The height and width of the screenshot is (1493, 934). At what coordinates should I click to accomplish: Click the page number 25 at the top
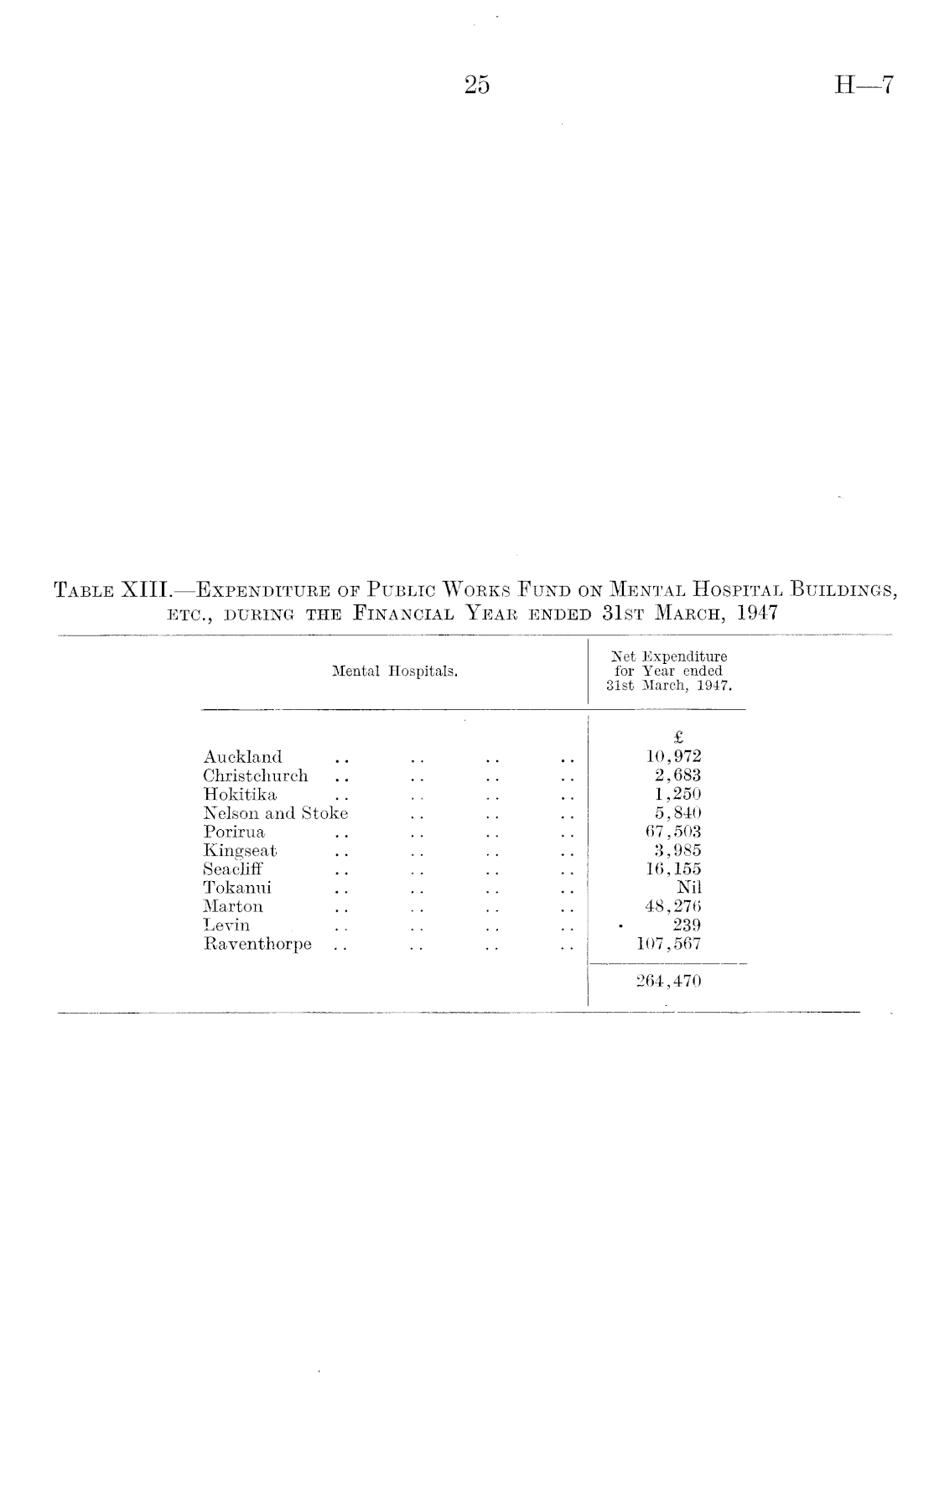coord(475,86)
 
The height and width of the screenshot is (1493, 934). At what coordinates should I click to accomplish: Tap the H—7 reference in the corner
coord(864,86)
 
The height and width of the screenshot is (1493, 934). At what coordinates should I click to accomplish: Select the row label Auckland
coord(242,757)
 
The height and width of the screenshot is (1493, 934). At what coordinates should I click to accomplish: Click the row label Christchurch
coord(255,775)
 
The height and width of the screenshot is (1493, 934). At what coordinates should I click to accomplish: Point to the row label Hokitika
coord(240,795)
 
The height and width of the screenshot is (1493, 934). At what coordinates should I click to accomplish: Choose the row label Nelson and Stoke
coord(275,813)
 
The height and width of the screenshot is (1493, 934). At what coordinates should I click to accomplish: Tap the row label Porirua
coord(234,832)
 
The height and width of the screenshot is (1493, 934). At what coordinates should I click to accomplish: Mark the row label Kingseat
coord(240,851)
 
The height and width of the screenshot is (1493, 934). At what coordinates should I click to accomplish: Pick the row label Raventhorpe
coord(257,944)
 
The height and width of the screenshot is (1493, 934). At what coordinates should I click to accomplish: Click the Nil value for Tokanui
coord(688,888)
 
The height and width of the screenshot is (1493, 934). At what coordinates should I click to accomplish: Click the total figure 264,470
coord(668,981)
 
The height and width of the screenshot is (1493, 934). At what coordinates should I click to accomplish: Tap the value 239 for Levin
coord(687,925)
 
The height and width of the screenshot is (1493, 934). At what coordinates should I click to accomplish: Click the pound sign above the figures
coord(678,738)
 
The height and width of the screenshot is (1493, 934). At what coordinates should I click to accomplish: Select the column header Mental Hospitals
coord(394,671)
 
